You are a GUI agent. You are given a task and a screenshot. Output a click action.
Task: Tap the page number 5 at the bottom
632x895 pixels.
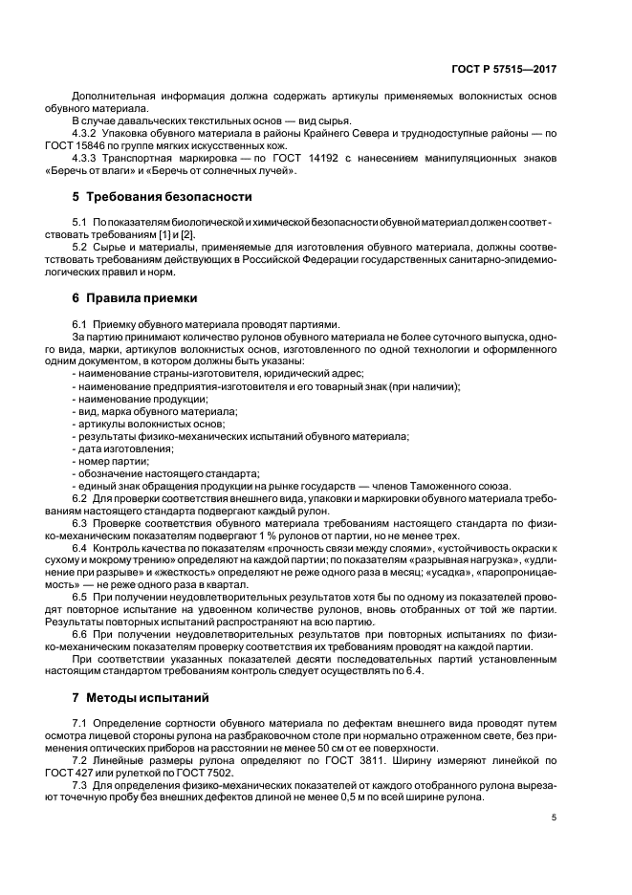click(x=554, y=817)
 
